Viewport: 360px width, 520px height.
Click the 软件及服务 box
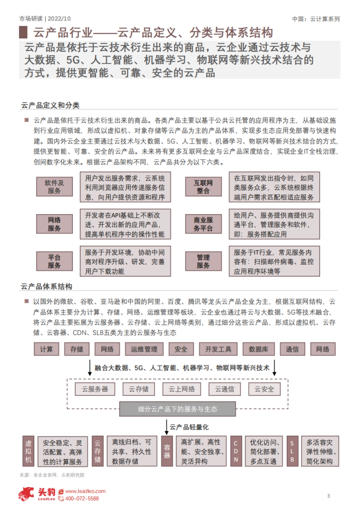[54, 186]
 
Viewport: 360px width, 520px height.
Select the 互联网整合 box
[203, 186]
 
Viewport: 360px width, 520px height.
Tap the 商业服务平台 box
[203, 224]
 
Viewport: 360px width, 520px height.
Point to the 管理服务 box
[203, 261]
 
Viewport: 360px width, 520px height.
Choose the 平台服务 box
[54, 261]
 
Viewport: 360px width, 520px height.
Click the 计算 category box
[46, 349]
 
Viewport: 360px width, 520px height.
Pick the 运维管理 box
[144, 349]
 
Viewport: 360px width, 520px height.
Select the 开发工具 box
[218, 349]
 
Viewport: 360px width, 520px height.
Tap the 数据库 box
[258, 349]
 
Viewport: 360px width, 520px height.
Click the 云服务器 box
[95, 389]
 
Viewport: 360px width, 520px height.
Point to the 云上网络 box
[181, 389]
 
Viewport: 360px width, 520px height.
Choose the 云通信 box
[224, 389]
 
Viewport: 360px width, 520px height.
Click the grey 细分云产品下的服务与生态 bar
[177, 409]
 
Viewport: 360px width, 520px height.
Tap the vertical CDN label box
[236, 451]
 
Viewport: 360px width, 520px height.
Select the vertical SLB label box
[292, 451]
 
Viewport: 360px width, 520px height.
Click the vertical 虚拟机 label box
[28, 451]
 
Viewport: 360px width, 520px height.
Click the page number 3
[328, 496]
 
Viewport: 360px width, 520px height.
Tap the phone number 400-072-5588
[82, 498]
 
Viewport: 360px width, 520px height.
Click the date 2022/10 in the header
[59, 19]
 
